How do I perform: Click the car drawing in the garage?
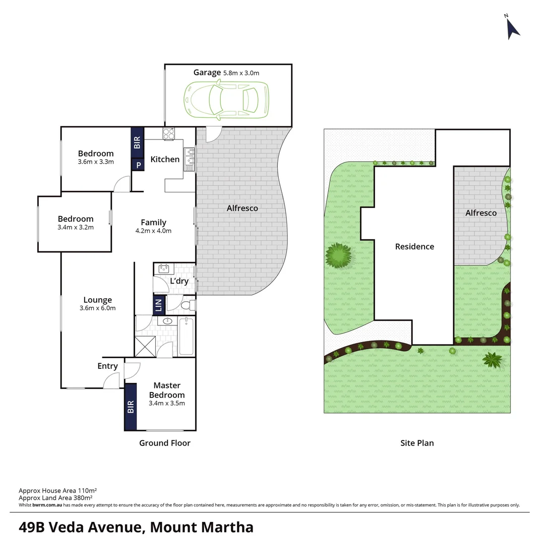click(225, 100)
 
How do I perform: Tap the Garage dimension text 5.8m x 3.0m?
click(241, 73)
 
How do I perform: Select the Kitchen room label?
click(165, 159)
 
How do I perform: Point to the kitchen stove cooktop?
click(168, 133)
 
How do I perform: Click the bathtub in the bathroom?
click(186, 336)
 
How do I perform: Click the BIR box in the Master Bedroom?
click(131, 407)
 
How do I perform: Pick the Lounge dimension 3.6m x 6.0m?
click(98, 308)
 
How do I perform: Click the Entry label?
click(107, 366)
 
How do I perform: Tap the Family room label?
click(153, 222)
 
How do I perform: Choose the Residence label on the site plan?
click(414, 246)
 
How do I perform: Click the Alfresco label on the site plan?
click(480, 213)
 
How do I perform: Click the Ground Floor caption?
click(165, 443)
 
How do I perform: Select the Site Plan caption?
click(417, 443)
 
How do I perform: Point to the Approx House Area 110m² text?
click(57, 490)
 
